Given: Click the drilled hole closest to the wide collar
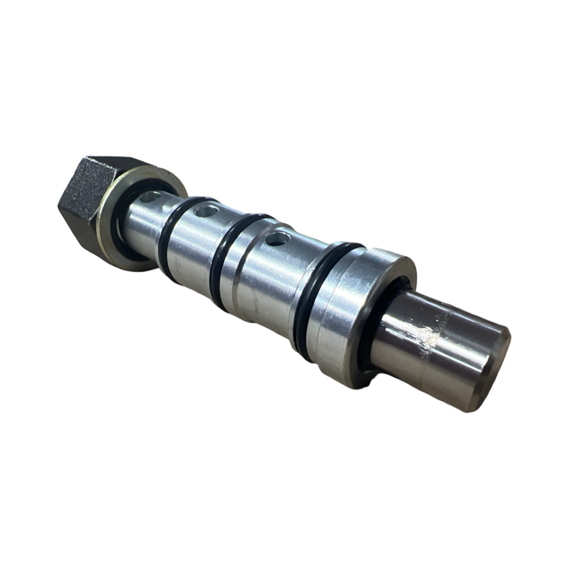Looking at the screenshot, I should pos(278,237).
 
